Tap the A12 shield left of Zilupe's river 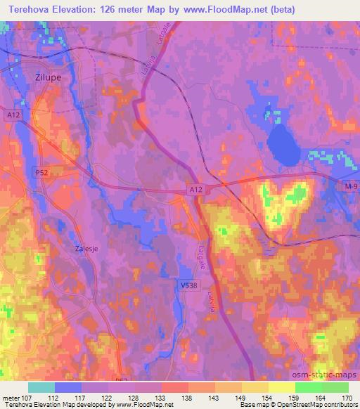tap(12, 115)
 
